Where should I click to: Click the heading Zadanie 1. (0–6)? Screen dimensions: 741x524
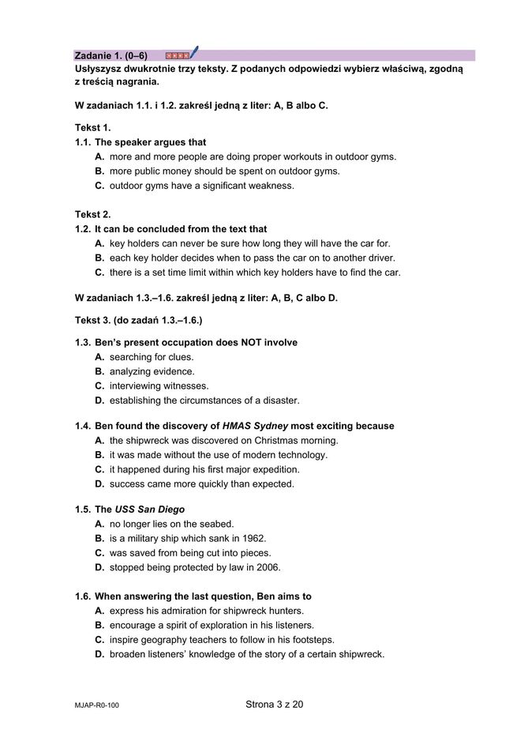110,55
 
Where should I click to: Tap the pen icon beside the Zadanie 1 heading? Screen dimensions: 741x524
193,53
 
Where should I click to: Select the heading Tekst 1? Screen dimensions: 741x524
93,127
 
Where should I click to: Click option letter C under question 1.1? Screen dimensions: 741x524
99,186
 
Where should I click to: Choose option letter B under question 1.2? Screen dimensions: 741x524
99,258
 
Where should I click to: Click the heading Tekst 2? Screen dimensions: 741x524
93,214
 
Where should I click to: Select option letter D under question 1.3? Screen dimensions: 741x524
99,401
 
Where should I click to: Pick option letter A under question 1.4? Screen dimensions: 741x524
99,440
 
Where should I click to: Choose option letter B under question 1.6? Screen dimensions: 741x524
99,625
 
